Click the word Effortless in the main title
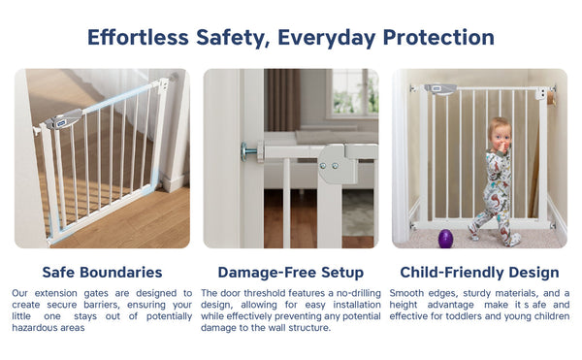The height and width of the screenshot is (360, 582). click(x=135, y=38)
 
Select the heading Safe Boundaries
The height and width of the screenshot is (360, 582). click(x=102, y=273)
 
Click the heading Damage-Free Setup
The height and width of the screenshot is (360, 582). click(x=291, y=273)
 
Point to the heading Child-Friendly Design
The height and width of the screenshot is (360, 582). click(x=480, y=273)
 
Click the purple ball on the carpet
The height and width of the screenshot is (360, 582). click(x=446, y=238)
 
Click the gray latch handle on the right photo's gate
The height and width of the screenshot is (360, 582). click(x=444, y=89)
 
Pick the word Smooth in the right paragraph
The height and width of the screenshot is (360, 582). click(x=407, y=293)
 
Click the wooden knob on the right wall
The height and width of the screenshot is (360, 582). click(x=550, y=98)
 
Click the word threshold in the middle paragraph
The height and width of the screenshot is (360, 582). click(x=265, y=293)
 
